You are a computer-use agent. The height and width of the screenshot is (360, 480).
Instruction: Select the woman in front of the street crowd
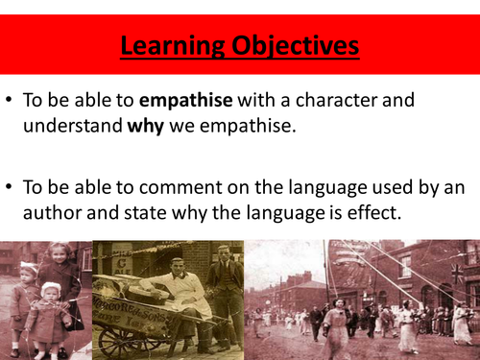(337, 326)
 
